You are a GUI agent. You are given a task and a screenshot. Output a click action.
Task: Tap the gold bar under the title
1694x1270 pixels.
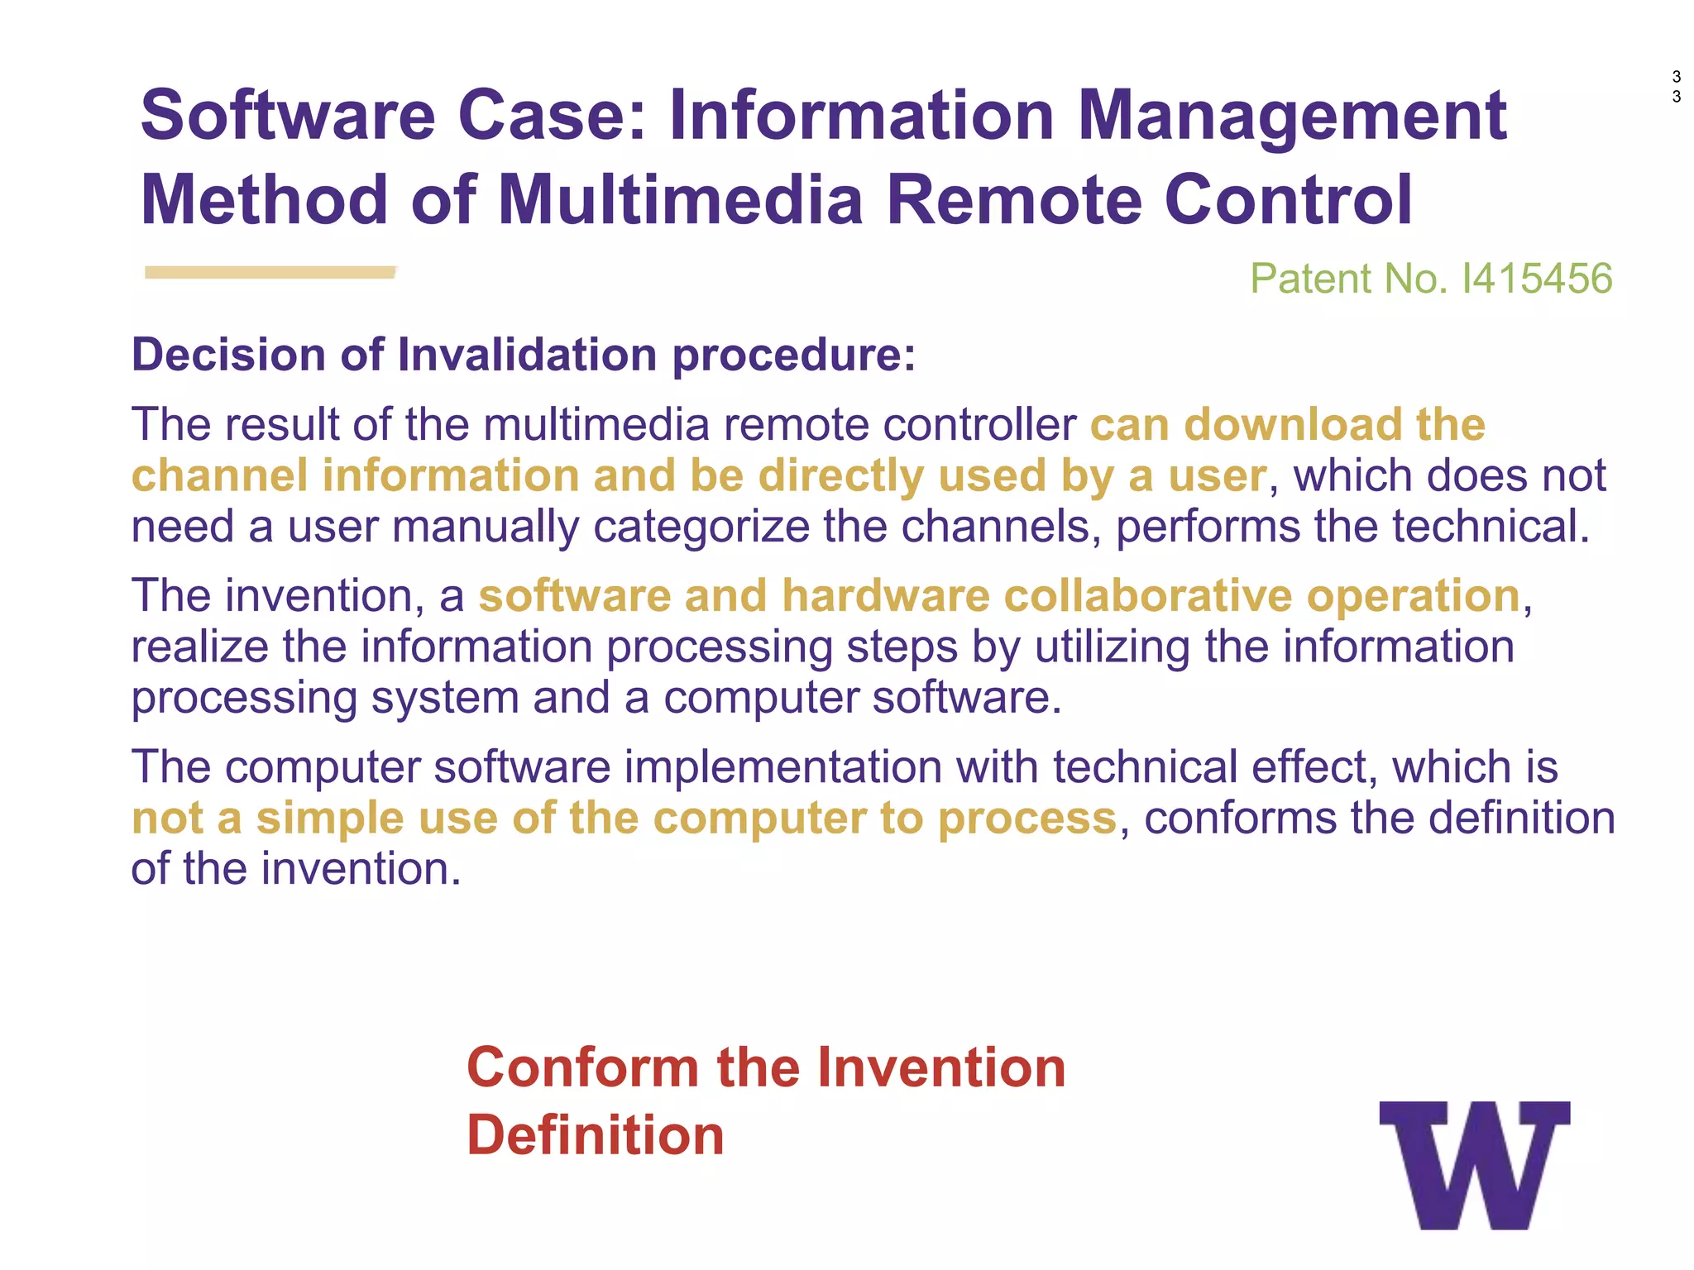coord(270,272)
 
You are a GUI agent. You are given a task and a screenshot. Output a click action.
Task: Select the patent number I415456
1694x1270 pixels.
coord(1537,279)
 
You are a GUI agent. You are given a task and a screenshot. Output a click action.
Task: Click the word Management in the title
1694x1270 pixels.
coord(1292,116)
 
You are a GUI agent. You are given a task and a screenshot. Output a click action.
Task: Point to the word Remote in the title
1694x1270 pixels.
coord(1014,200)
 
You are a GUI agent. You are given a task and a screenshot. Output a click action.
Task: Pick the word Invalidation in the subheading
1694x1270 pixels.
coord(528,355)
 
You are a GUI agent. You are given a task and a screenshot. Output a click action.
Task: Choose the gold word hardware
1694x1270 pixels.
coord(886,595)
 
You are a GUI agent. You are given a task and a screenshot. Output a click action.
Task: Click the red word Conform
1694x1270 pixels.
coord(584,1067)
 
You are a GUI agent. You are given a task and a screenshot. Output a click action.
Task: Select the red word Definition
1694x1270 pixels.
coord(596,1135)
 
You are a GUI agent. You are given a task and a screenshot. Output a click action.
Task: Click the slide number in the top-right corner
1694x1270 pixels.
coord(1676,87)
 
